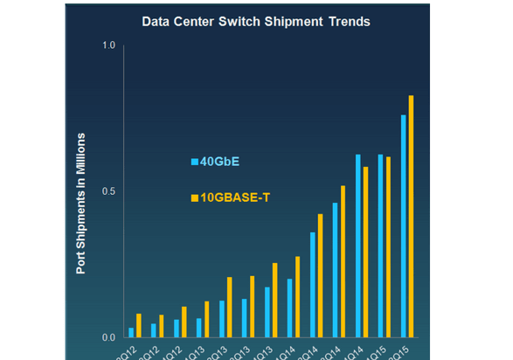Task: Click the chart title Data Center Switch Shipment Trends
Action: point(256,20)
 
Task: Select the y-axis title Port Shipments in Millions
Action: point(80,204)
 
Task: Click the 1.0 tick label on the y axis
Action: point(109,45)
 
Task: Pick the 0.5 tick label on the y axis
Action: point(109,191)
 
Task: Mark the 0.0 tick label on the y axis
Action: point(109,337)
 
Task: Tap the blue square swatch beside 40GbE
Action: point(195,162)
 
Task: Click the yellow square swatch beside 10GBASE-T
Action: point(195,199)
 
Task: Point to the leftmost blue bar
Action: point(131,332)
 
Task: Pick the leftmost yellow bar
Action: point(139,325)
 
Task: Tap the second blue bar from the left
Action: point(154,330)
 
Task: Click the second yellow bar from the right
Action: point(389,247)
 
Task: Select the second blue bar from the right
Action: point(380,246)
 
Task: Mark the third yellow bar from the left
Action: point(184,322)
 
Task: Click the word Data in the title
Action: point(156,20)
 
